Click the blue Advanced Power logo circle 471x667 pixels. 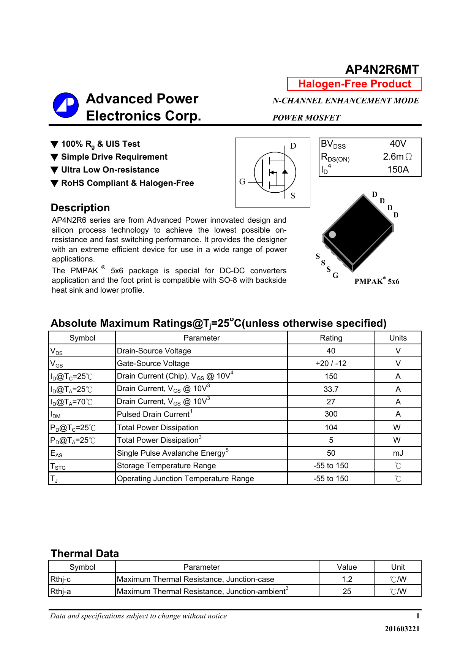tap(66, 105)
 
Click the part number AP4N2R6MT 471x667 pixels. tap(382, 70)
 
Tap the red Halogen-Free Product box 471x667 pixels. tap(354, 84)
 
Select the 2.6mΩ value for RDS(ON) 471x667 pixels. tap(397, 157)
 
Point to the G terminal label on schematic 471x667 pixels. tap(242, 182)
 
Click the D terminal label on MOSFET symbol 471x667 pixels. tap(293, 146)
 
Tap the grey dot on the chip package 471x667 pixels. tap(332, 234)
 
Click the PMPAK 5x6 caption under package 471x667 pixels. tap(377, 281)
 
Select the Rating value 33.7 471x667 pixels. tap(331, 389)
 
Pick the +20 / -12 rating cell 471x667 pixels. tap(331, 363)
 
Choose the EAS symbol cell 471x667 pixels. tap(56, 453)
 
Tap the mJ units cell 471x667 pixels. tap(398, 453)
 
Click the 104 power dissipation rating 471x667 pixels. tap(331, 428)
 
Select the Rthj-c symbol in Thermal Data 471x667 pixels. tap(60, 579)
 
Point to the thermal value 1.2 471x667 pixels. tap(347, 579)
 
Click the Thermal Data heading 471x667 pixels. tap(85, 553)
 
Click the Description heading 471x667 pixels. tap(80, 208)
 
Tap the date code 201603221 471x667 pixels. tap(402, 629)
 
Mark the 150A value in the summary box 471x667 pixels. tap(398, 170)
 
